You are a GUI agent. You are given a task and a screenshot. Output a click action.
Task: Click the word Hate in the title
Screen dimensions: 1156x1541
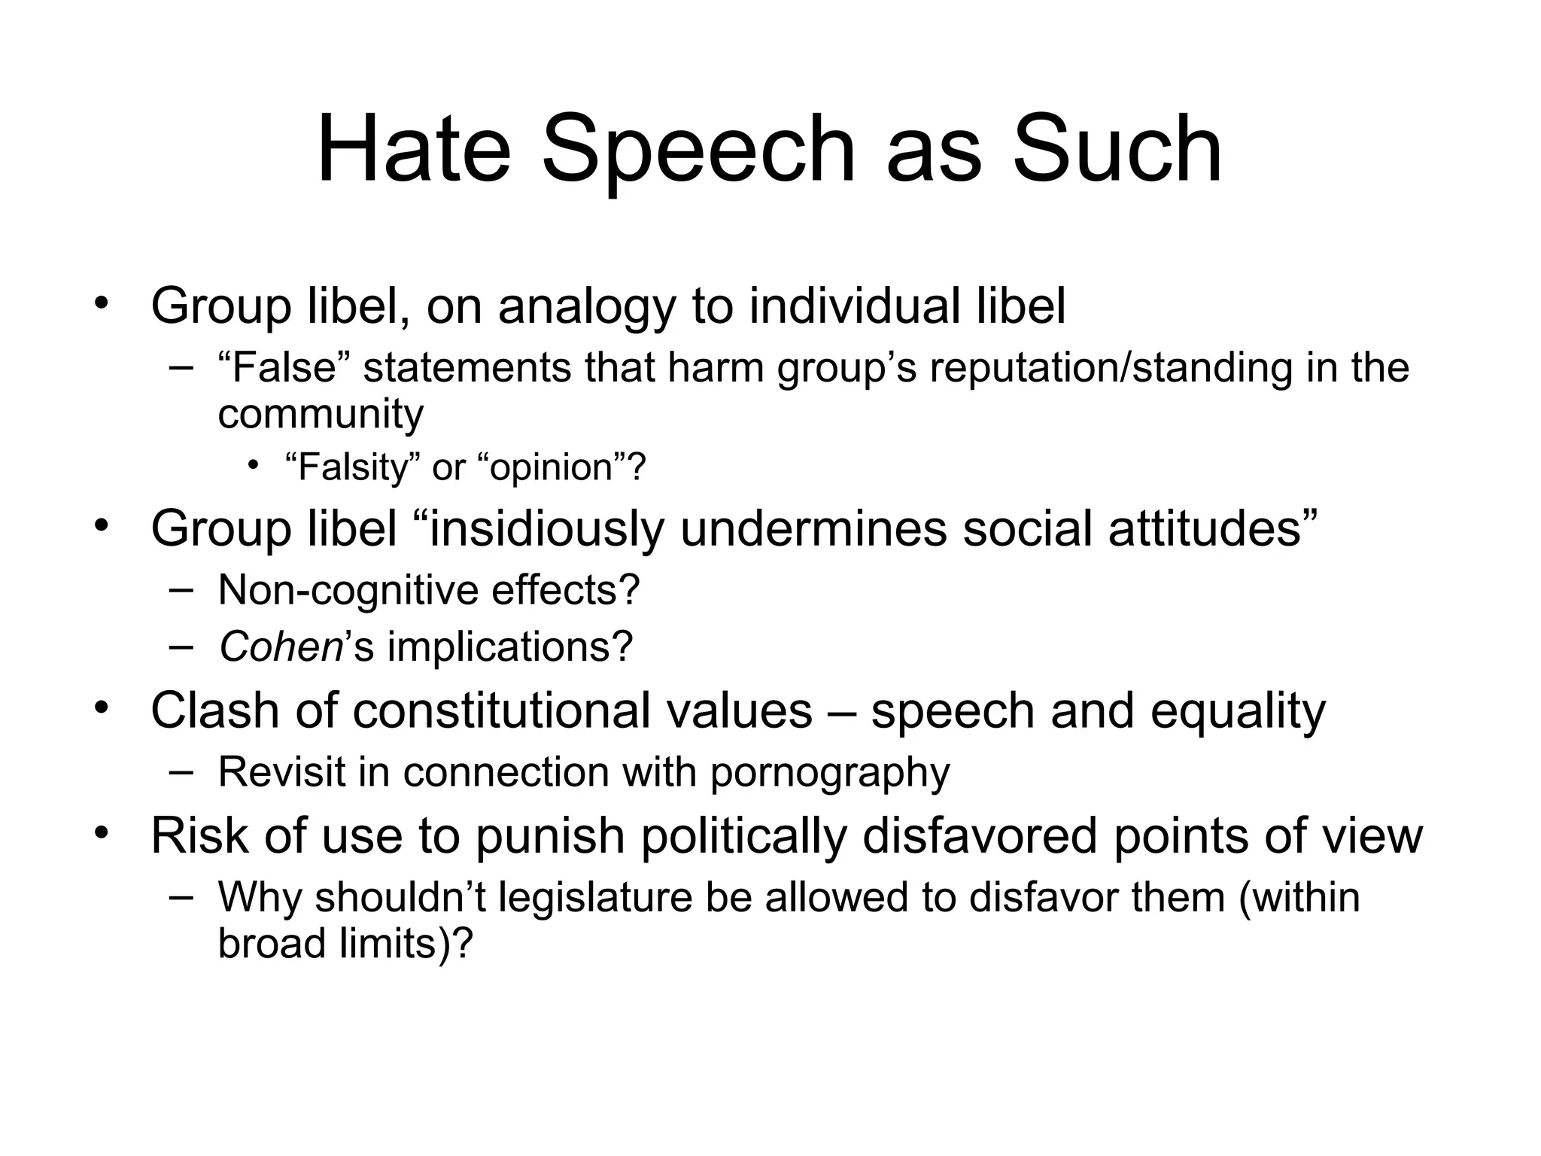click(413, 148)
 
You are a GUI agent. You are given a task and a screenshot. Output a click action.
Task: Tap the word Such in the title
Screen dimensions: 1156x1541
click(1117, 148)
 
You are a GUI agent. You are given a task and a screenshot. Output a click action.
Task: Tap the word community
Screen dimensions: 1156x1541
click(321, 414)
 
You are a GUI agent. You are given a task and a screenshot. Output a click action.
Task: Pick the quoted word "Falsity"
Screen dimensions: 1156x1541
click(351, 467)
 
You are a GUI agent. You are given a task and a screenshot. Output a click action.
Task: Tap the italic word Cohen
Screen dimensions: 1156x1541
click(281, 646)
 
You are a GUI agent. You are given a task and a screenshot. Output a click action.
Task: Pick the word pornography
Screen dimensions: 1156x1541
click(830, 773)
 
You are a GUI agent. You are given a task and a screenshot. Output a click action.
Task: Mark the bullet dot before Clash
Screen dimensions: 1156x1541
click(102, 708)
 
